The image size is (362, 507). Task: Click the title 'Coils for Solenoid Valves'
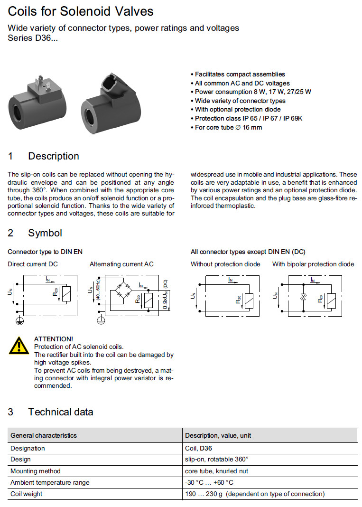(81, 11)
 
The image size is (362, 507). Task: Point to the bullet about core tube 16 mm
(228, 127)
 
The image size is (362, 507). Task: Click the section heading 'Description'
(54, 156)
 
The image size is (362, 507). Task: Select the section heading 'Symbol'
(45, 233)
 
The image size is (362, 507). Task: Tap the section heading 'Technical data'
(60, 412)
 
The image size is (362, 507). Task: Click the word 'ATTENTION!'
(54, 339)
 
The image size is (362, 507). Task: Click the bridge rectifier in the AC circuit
(122, 290)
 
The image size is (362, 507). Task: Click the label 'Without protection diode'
(225, 264)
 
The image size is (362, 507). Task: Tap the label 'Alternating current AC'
(121, 264)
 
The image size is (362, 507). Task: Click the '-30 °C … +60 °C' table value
(209, 482)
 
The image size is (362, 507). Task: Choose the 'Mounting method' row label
(36, 471)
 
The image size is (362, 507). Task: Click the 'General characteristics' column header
(44, 435)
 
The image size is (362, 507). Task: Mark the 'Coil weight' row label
(27, 494)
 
